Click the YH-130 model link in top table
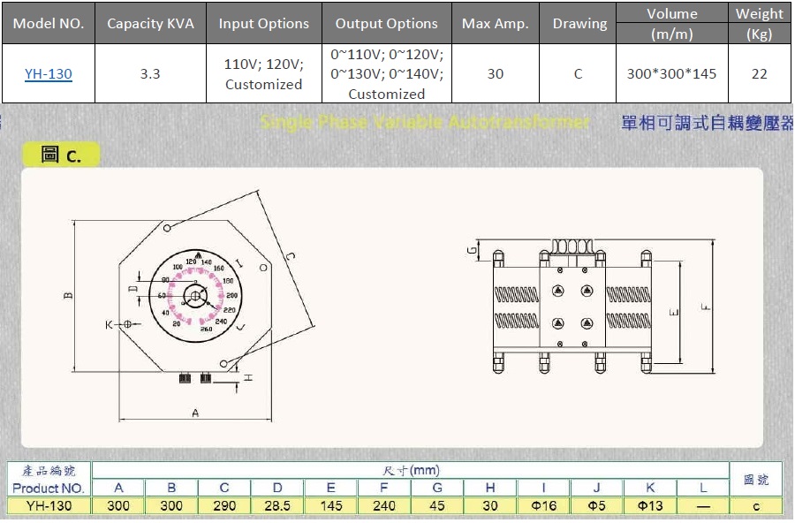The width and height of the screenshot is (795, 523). coord(48,74)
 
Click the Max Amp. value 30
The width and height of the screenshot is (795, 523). coord(495,74)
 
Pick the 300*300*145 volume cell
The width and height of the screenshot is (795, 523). coord(671,74)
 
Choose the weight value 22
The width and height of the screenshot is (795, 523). coord(759,74)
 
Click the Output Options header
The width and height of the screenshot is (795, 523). coord(386,24)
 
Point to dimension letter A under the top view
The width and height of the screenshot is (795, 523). coord(195,413)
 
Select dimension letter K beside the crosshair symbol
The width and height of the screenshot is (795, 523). coord(110,325)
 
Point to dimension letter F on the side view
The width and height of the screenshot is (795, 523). coord(704,307)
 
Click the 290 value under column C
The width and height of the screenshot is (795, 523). coord(224,506)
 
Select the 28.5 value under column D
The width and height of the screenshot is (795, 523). coord(277,506)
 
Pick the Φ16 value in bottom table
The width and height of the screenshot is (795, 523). coord(543,506)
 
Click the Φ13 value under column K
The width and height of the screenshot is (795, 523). coord(649,506)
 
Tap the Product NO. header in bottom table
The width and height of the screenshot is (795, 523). coord(49,488)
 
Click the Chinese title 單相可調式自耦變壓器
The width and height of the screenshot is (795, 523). coord(707,123)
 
